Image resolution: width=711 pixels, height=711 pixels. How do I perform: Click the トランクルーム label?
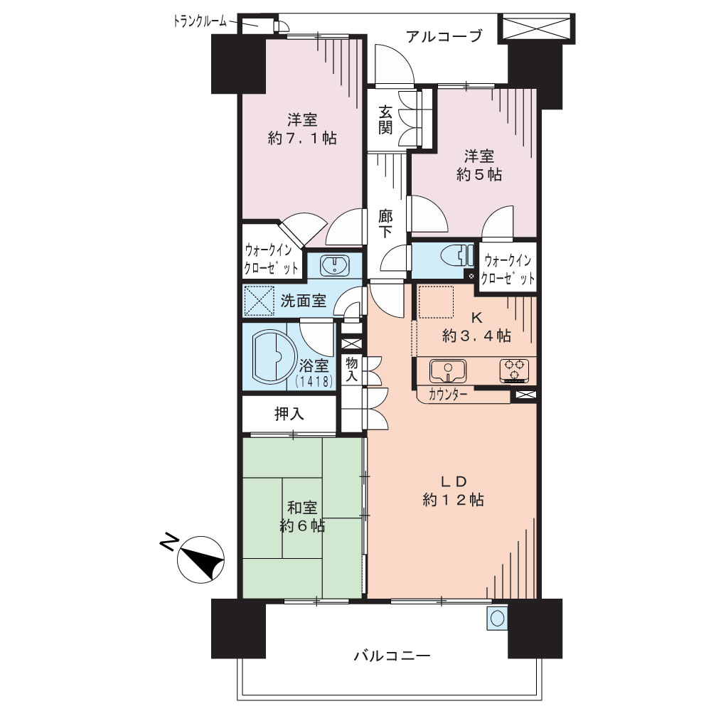tap(200, 21)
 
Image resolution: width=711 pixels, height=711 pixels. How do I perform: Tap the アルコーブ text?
tap(444, 36)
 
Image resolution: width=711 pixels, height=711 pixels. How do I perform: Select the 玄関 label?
tap(385, 119)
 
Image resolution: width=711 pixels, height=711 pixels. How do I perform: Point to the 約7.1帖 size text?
tap(302, 139)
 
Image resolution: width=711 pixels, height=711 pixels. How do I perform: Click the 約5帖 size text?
tap(479, 175)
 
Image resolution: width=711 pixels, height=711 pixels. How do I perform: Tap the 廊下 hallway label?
tap(385, 223)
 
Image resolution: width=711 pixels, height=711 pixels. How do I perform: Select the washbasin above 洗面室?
tap(335, 265)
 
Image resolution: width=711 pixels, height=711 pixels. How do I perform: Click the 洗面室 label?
tap(304, 301)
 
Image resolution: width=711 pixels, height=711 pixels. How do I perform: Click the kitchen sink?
tap(447, 370)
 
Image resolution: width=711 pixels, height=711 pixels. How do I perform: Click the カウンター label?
tap(447, 395)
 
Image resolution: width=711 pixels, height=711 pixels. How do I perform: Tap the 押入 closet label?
tap(289, 414)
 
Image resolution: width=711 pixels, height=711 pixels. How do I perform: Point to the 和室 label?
tap(302, 508)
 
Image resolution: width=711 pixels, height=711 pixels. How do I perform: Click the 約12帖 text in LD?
tap(453, 500)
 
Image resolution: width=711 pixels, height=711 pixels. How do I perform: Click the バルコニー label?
tap(392, 656)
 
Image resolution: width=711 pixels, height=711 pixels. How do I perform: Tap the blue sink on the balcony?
tap(497, 618)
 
